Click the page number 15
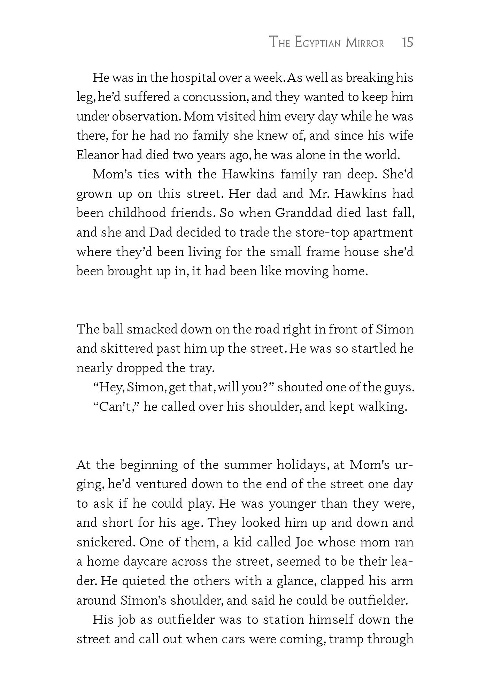(x=407, y=43)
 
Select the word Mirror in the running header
(x=365, y=43)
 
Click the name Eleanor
(x=97, y=155)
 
